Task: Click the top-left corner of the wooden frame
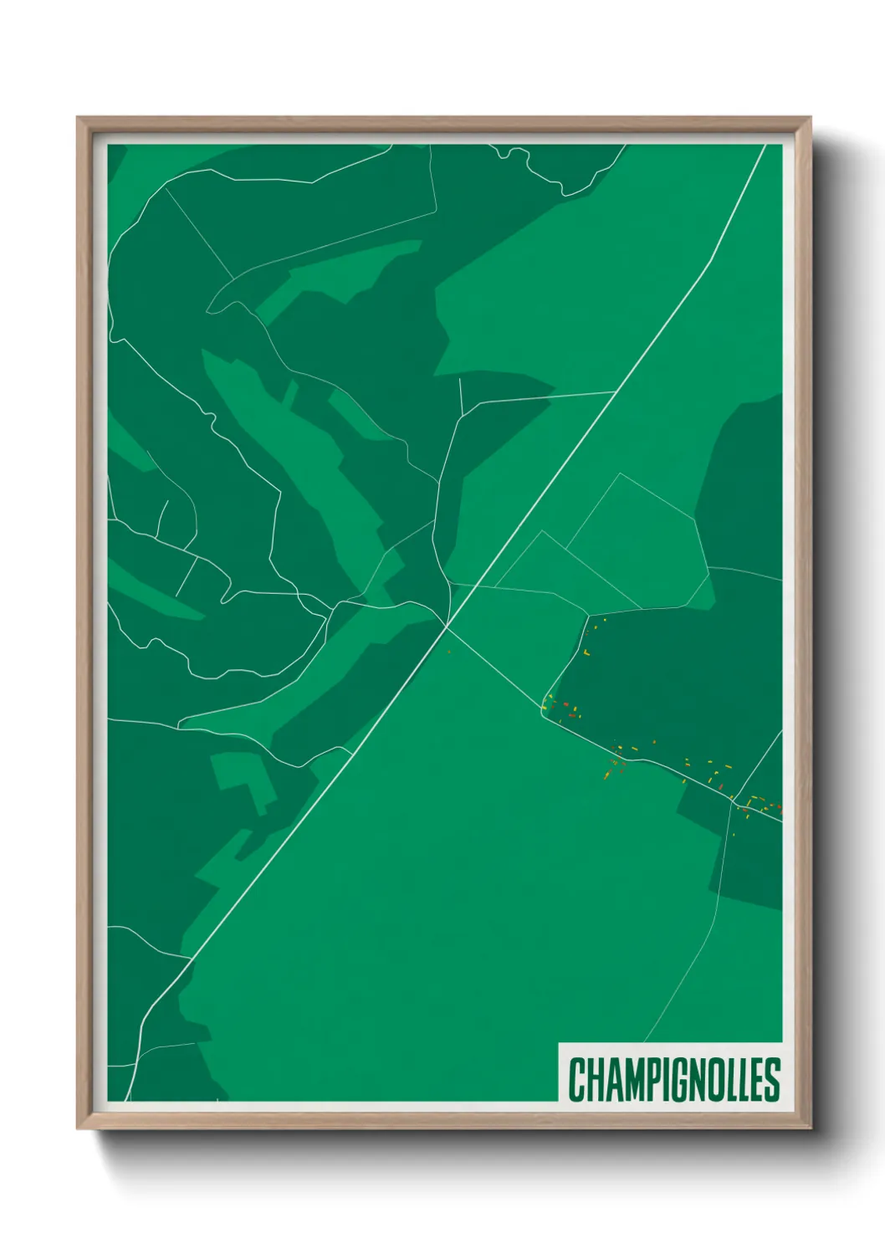(x=78, y=118)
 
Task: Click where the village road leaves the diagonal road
(x=448, y=624)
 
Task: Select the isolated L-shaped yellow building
(x=587, y=651)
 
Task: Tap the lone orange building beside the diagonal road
(x=449, y=652)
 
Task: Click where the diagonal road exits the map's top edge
(x=765, y=146)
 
